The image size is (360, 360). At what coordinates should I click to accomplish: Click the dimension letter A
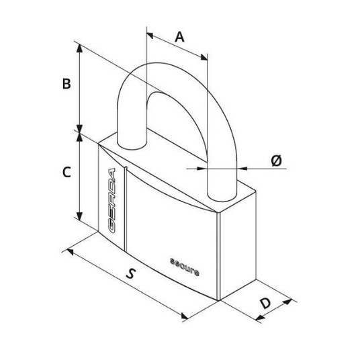pyautogui.click(x=179, y=37)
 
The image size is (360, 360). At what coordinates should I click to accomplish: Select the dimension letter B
pyautogui.click(x=66, y=84)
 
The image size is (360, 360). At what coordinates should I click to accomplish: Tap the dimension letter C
pyautogui.click(x=66, y=172)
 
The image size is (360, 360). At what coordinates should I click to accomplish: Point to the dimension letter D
pyautogui.click(x=266, y=303)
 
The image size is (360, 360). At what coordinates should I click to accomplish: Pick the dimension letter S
pyautogui.click(x=131, y=273)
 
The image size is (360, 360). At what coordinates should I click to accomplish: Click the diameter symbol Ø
pyautogui.click(x=276, y=161)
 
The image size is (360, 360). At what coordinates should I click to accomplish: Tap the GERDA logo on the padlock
pyautogui.click(x=111, y=200)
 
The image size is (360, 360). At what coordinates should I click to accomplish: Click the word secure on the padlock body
pyautogui.click(x=184, y=267)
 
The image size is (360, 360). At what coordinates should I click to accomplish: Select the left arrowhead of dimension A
pyautogui.click(x=150, y=36)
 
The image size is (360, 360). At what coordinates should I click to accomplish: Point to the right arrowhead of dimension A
pyautogui.click(x=204, y=57)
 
